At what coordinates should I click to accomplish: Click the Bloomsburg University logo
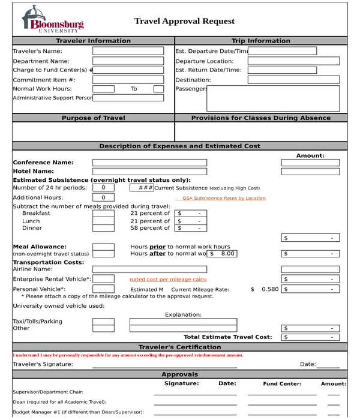52,20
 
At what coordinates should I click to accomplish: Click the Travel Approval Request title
184,21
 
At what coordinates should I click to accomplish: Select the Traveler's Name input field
128,51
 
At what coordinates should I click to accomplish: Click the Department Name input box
128,61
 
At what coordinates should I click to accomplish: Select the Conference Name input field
149,163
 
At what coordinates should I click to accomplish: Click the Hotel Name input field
149,171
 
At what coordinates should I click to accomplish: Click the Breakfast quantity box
103,213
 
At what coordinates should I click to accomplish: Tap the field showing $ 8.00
222,254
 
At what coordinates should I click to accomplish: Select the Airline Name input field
149,269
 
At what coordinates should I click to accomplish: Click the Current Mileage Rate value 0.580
269,289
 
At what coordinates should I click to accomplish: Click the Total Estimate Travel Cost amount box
310,337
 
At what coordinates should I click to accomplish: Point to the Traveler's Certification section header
179,347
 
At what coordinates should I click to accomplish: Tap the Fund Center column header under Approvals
282,383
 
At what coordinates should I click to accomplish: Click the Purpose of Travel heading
93,118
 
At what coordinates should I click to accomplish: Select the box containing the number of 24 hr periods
103,188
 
